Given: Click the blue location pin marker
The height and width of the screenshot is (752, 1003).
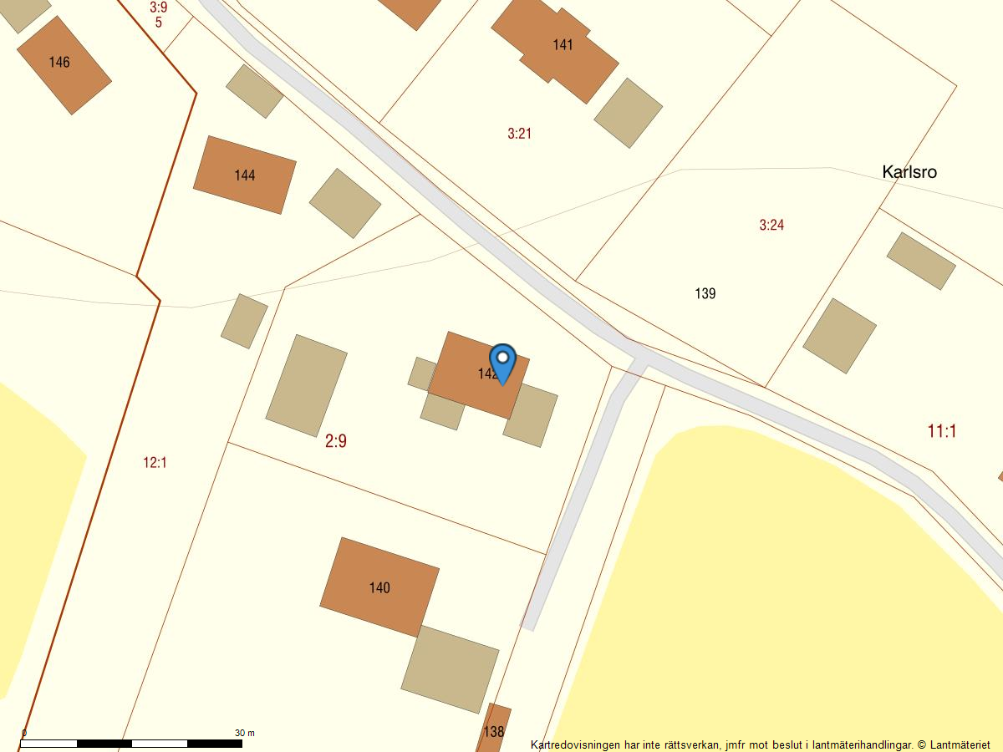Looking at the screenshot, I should [x=502, y=361].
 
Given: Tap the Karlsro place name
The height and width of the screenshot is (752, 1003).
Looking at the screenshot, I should [x=909, y=172].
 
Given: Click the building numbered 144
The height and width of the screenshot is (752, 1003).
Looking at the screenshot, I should [x=244, y=175].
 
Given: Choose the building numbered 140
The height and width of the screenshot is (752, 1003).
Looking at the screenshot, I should [x=379, y=587].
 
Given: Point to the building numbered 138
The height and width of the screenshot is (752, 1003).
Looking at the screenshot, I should [x=494, y=729].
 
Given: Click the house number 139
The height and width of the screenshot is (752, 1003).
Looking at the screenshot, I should [x=705, y=293].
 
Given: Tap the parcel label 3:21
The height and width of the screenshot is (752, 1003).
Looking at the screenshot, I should [x=519, y=133].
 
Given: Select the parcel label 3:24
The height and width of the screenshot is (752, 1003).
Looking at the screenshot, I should [x=771, y=225].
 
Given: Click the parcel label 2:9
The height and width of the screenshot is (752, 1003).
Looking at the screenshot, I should [x=336, y=441].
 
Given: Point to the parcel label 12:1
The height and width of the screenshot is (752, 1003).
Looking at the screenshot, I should [x=155, y=462].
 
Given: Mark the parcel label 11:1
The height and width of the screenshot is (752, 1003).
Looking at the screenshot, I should [x=942, y=431].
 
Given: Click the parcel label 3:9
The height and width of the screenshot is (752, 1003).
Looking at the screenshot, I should [x=158, y=8].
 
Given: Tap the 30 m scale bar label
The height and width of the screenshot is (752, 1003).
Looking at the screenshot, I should [x=244, y=733].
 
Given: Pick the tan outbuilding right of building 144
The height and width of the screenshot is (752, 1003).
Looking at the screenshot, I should [x=345, y=203].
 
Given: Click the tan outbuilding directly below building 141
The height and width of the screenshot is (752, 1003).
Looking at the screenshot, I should [x=629, y=113].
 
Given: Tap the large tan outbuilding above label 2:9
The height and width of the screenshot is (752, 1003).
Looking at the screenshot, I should [x=306, y=385].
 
